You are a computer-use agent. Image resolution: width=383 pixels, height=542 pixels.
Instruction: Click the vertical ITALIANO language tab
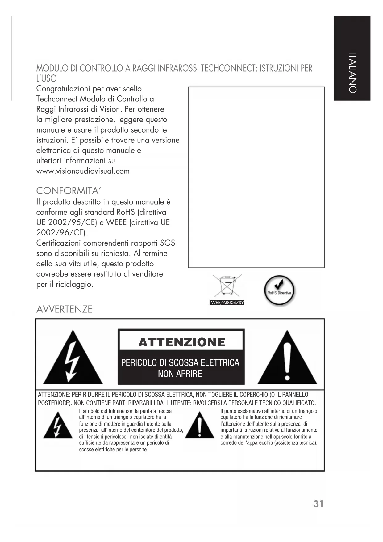click(x=352, y=73)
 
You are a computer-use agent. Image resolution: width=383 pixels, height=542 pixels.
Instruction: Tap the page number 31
click(x=318, y=504)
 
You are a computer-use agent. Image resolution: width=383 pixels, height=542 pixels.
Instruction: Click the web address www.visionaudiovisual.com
click(x=83, y=171)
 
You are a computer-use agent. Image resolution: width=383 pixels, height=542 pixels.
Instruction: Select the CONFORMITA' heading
click(x=69, y=190)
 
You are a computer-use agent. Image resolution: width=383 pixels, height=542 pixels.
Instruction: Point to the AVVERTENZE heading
click(x=64, y=309)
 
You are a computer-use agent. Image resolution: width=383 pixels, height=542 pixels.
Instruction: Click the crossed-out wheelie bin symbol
click(x=227, y=286)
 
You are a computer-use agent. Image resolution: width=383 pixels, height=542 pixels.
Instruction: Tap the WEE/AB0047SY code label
click(x=227, y=303)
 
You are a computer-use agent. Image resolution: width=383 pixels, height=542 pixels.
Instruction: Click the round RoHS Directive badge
click(x=279, y=291)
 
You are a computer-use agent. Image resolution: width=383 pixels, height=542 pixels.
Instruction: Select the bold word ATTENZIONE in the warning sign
click(x=182, y=342)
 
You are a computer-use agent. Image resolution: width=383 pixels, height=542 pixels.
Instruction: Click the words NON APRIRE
click(x=180, y=374)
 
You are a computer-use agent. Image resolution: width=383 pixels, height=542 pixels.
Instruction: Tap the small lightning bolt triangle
click(x=57, y=426)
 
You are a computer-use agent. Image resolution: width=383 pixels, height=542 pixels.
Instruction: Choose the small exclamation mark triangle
click(x=200, y=425)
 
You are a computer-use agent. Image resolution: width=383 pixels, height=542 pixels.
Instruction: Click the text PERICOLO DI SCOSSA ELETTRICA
click(x=180, y=362)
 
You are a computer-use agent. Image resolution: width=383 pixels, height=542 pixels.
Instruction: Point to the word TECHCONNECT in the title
click(x=229, y=68)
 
